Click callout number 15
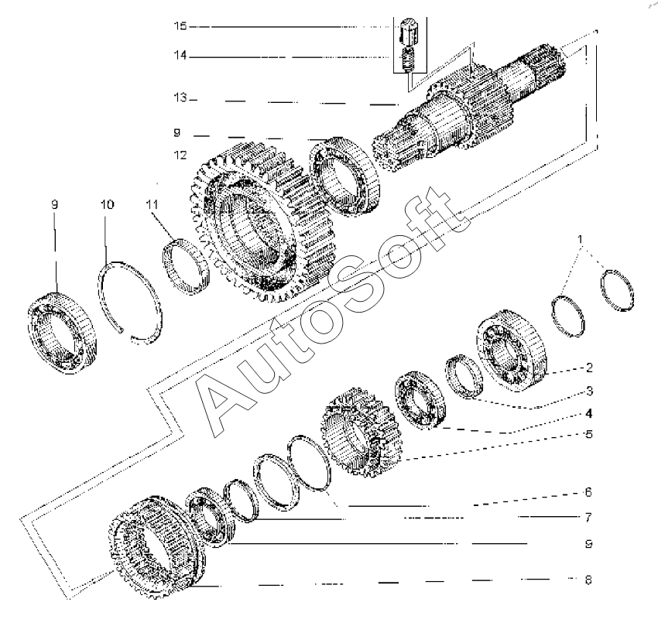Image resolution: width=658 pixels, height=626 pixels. (180, 26)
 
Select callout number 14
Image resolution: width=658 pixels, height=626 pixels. (180, 56)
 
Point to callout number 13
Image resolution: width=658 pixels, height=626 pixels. (180, 99)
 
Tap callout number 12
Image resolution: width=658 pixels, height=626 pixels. (180, 155)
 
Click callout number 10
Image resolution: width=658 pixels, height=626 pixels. (107, 205)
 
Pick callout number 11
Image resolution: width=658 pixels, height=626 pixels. (152, 205)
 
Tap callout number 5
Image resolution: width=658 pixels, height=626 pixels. (588, 434)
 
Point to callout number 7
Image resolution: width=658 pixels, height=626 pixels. (588, 516)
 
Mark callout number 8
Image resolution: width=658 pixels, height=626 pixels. (588, 578)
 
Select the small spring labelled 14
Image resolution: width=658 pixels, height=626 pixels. (410, 59)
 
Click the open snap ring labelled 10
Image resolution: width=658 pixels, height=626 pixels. (132, 299)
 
